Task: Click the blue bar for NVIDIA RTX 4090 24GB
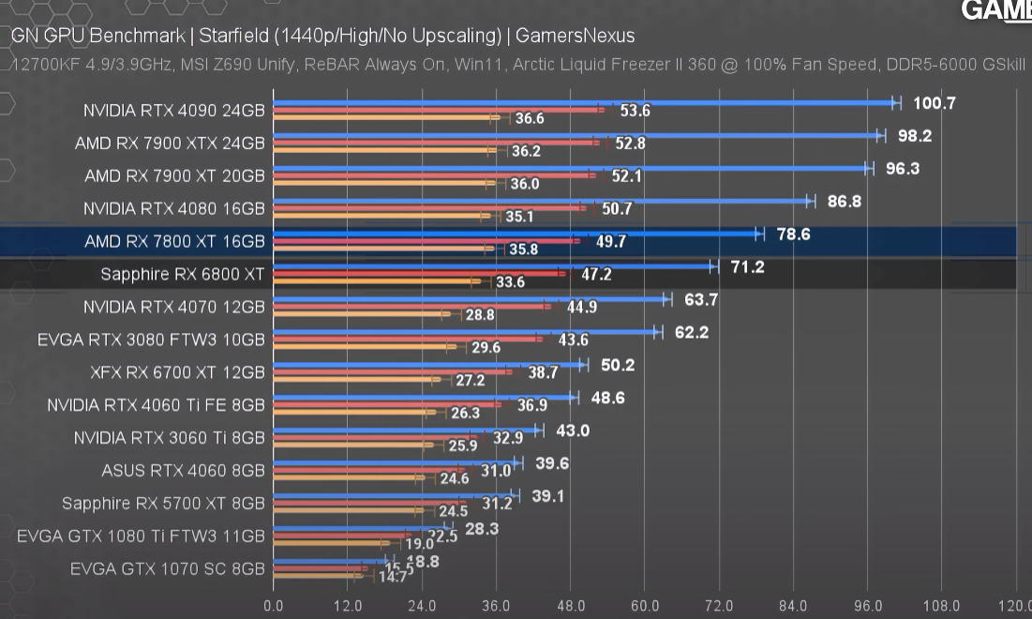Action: [581, 102]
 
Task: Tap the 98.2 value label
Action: [914, 136]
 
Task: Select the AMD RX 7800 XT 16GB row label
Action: [174, 241]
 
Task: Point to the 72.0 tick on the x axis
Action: [718, 605]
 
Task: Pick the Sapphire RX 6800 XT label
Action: [183, 275]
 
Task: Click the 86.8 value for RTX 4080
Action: [844, 202]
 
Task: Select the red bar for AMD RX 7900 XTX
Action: [431, 143]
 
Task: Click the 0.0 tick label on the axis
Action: [273, 605]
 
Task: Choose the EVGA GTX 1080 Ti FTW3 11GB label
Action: [141, 536]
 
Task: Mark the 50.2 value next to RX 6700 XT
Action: [618, 365]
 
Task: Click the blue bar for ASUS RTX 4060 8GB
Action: [394, 463]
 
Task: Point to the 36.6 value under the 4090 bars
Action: [529, 119]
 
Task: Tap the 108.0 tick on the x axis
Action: [941, 605]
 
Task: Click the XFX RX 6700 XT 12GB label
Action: [177, 372]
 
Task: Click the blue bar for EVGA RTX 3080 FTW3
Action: [464, 332]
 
